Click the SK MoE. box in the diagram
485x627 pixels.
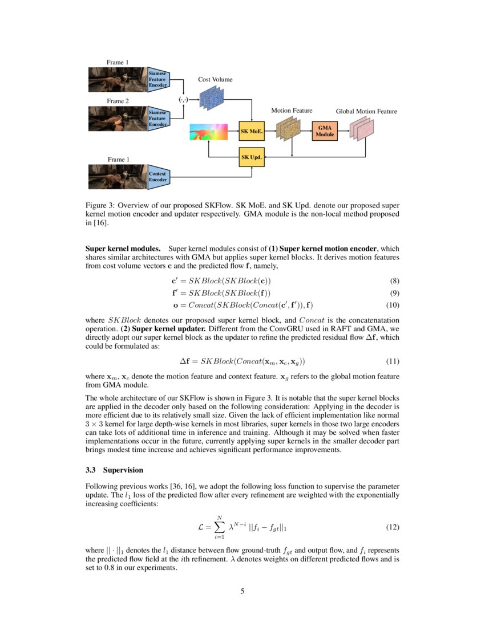[x=252, y=131]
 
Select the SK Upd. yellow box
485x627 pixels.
[x=252, y=156]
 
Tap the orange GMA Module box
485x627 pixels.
[x=325, y=131]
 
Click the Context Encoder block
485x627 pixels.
[x=158, y=177]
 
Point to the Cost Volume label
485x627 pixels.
[x=215, y=79]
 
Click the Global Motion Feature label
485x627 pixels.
[x=366, y=111]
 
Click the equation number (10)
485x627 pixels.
[x=392, y=305]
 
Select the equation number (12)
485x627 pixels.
[x=392, y=528]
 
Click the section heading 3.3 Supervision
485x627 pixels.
[x=114, y=470]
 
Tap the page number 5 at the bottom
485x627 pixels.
[x=242, y=591]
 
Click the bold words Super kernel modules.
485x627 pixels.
[x=123, y=249]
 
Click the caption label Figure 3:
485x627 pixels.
[x=100, y=205]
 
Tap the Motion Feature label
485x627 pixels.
[x=292, y=110]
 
